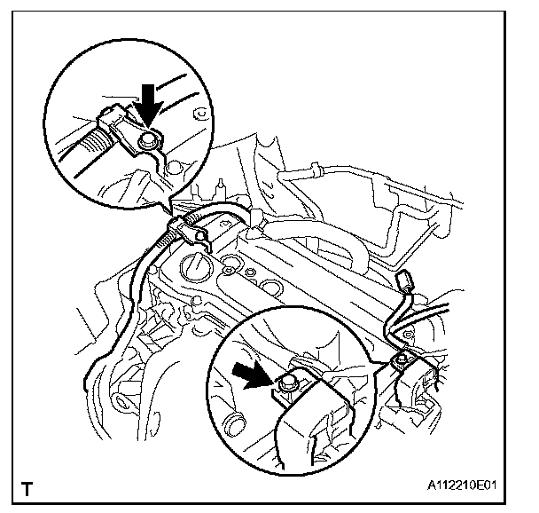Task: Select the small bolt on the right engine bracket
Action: point(401,359)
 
